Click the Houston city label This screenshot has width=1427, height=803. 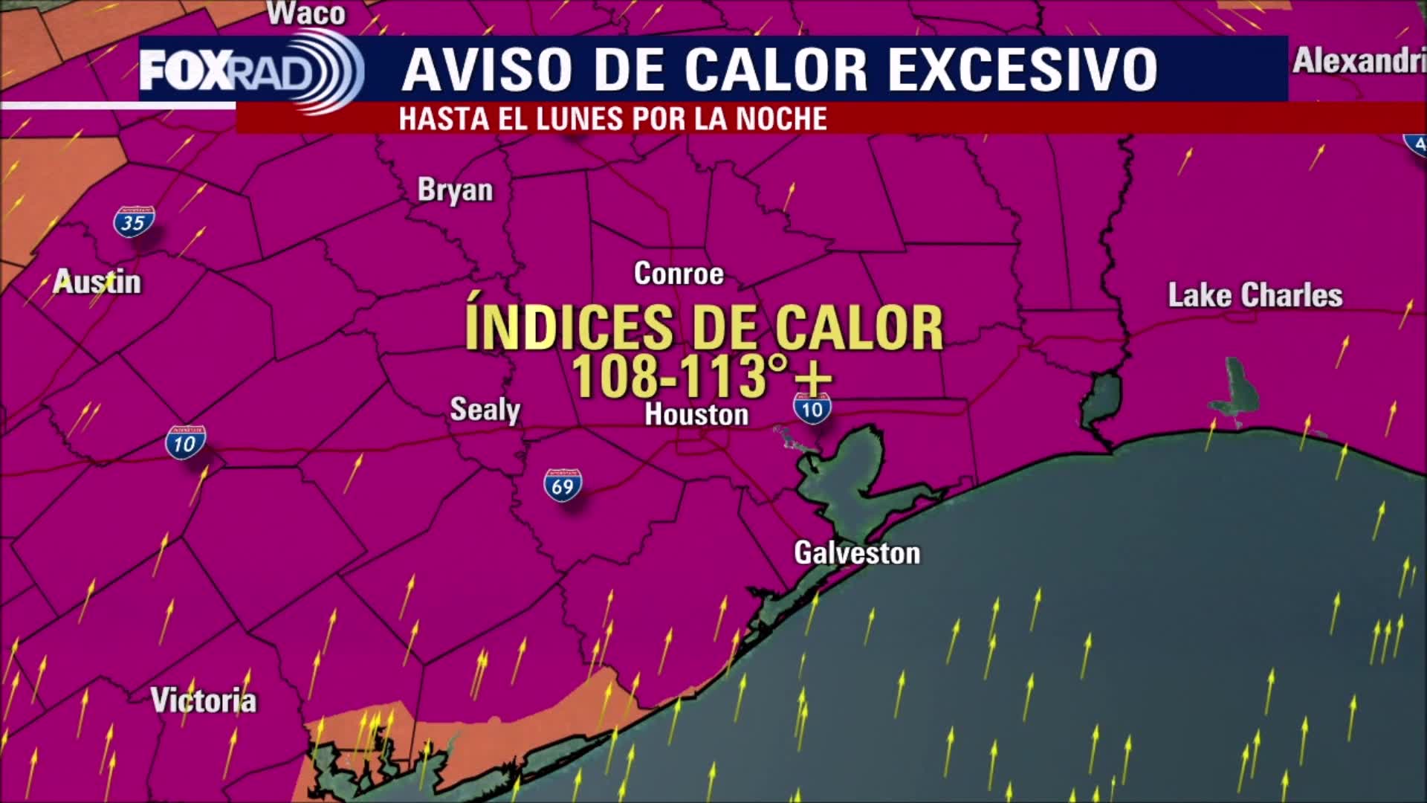click(x=696, y=415)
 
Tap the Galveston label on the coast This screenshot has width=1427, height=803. click(x=857, y=553)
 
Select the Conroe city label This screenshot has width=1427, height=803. click(x=679, y=274)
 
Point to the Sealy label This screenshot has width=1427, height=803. click(x=485, y=410)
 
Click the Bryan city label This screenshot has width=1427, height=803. click(x=455, y=190)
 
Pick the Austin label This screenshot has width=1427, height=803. click(x=97, y=283)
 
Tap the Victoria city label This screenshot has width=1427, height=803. click(x=203, y=700)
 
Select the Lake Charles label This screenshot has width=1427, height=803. click(x=1255, y=296)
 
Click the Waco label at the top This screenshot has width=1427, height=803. click(x=306, y=13)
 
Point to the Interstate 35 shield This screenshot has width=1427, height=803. click(x=134, y=222)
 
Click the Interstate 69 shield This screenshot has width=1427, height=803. click(x=563, y=486)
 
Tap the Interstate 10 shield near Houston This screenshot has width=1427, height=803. click(x=812, y=409)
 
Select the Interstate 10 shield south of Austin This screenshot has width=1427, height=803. click(x=185, y=443)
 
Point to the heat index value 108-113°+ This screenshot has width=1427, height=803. click(x=701, y=377)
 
